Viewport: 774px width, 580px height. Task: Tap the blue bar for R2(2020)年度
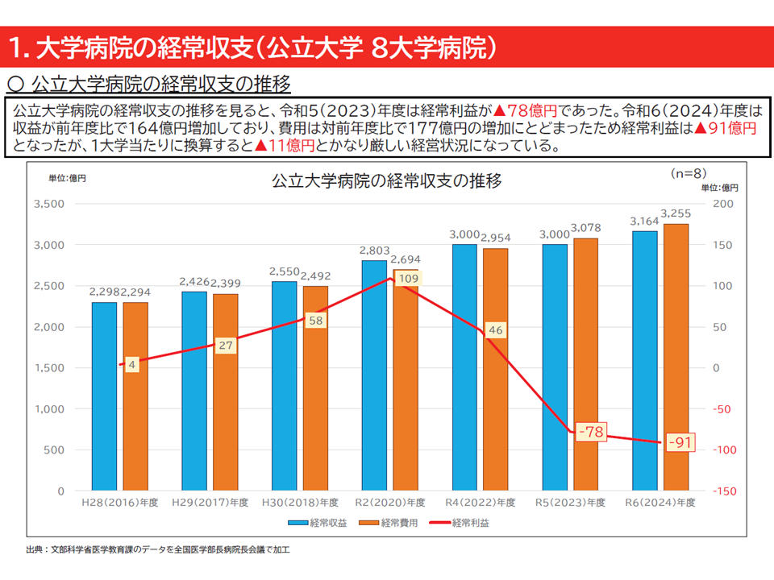coord(374,375)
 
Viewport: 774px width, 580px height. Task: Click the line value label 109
coord(410,279)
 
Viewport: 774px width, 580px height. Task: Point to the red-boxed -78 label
coord(591,433)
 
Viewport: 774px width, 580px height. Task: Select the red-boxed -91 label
coord(681,442)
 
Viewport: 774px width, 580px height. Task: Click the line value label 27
coord(226,346)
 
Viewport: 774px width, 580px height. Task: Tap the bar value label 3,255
coord(676,213)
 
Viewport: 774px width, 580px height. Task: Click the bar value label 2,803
coord(374,251)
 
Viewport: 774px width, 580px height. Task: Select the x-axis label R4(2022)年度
coord(481,503)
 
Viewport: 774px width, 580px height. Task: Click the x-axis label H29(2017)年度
coord(210,503)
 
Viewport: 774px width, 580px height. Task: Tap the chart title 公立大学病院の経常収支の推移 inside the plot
coord(387,181)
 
